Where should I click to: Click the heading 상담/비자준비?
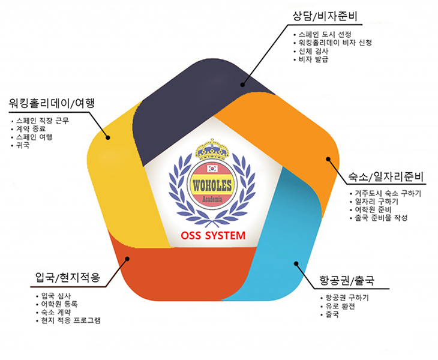(x=325, y=16)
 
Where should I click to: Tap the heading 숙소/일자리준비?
(x=386, y=176)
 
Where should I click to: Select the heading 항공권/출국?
(x=347, y=280)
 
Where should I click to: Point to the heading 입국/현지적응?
(x=68, y=277)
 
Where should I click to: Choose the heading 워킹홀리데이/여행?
(x=52, y=103)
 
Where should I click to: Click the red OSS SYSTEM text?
(x=213, y=235)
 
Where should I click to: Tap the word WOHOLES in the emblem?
(x=212, y=185)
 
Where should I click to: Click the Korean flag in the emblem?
(x=212, y=169)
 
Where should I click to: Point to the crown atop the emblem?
(x=212, y=149)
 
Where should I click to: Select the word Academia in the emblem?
(x=212, y=199)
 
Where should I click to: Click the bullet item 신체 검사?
(x=313, y=51)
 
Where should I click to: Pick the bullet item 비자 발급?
(x=313, y=59)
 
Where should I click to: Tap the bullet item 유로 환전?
(x=340, y=306)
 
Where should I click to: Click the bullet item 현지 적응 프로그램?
(x=71, y=320)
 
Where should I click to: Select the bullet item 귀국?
(x=23, y=145)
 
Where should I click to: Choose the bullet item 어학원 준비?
(x=373, y=209)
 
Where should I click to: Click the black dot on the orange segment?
(x=328, y=159)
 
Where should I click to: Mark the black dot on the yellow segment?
(x=108, y=137)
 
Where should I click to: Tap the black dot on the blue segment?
(x=296, y=263)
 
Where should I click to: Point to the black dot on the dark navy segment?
(x=242, y=85)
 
